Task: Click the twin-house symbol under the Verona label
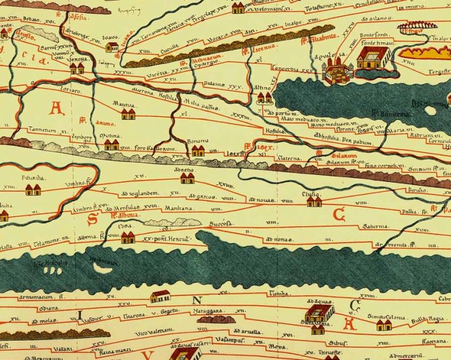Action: (x=77, y=69)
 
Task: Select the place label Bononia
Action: (x=197, y=142)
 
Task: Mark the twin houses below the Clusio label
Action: (x=314, y=201)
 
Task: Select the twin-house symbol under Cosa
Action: (x=127, y=237)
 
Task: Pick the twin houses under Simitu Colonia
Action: (x=383, y=325)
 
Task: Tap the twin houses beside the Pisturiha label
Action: (x=33, y=190)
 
